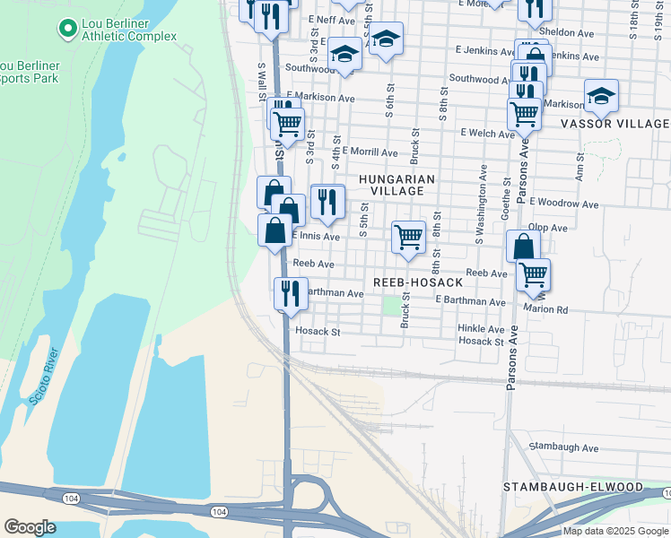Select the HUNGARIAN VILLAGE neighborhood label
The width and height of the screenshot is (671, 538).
pyautogui.click(x=396, y=185)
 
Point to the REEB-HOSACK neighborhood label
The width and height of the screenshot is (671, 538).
pyautogui.click(x=417, y=282)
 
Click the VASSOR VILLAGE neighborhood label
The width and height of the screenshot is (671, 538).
pyautogui.click(x=614, y=123)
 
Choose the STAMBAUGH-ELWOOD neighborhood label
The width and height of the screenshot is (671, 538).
pyautogui.click(x=573, y=487)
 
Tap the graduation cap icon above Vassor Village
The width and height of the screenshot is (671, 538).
pyautogui.click(x=601, y=95)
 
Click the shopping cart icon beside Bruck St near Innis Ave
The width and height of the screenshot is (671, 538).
pyautogui.click(x=408, y=238)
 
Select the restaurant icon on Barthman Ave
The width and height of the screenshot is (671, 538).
pyautogui.click(x=291, y=292)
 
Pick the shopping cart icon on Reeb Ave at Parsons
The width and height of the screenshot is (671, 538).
pyautogui.click(x=533, y=273)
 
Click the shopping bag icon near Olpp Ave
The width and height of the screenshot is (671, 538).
pyautogui.click(x=522, y=246)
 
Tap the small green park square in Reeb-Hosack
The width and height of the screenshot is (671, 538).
pyautogui.click(x=391, y=306)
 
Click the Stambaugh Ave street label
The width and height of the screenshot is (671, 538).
pyautogui.click(x=563, y=447)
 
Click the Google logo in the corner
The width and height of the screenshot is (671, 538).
pyautogui.click(x=30, y=527)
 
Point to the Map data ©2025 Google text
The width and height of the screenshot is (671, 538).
pyautogui.click(x=614, y=531)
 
